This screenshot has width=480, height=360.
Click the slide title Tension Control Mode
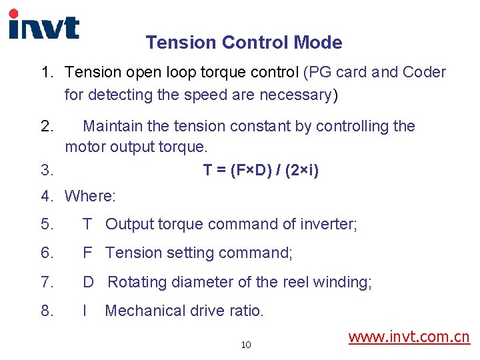coord(244,43)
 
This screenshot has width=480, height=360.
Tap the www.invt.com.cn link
coord(409,337)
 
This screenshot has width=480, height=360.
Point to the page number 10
coord(246,345)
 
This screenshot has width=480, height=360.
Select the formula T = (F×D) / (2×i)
coord(261,171)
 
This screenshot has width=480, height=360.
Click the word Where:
coord(90,196)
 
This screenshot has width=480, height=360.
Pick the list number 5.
coord(47,224)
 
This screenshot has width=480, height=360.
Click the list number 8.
coord(47,311)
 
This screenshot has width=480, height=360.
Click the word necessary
coord(295,95)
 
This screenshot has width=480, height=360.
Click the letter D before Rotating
coord(88,282)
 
